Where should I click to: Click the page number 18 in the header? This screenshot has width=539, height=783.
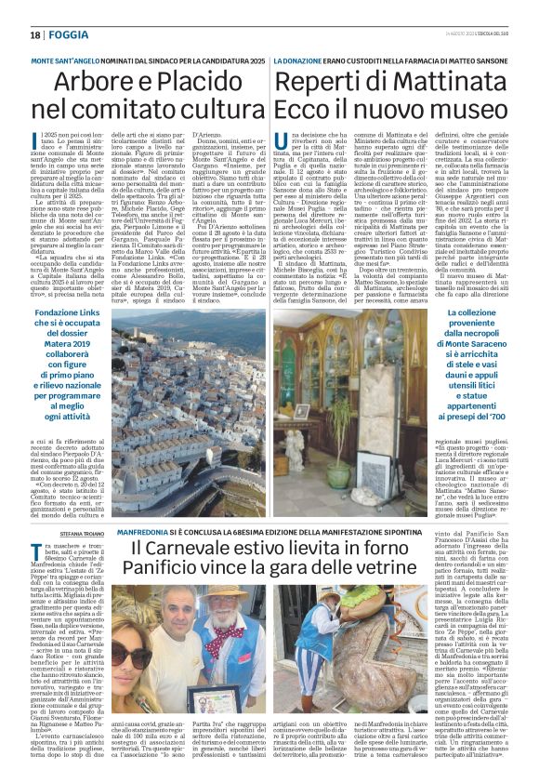click(x=35, y=35)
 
